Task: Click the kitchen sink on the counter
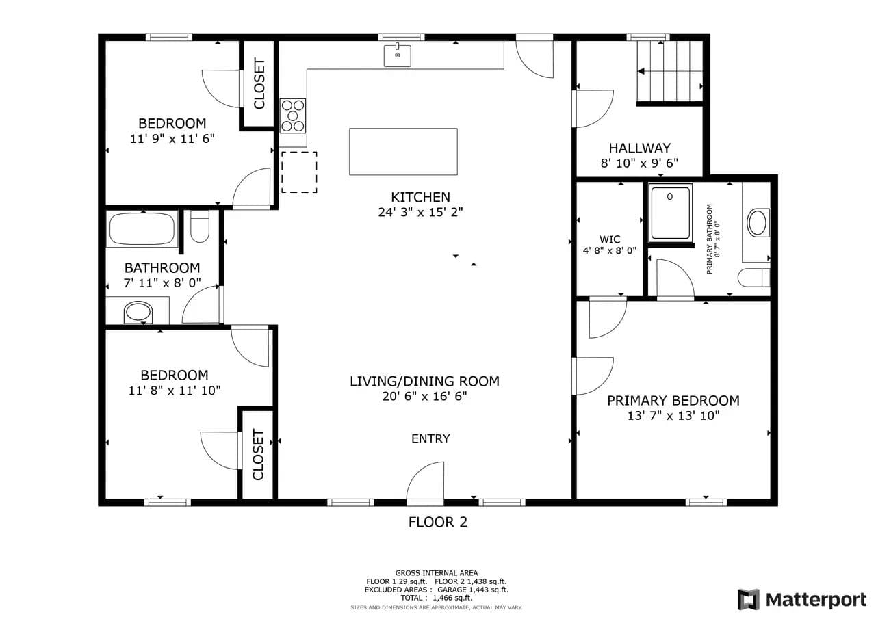[398, 55]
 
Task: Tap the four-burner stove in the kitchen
[293, 116]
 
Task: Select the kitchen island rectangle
[403, 152]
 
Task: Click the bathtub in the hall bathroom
[142, 228]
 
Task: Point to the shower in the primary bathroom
[670, 213]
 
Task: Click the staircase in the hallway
[670, 71]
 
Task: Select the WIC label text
[610, 239]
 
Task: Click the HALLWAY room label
[640, 148]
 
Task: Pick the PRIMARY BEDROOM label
[673, 401]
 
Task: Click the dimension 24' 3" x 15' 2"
[420, 212]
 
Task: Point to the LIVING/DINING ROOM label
[425, 381]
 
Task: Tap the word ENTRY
[430, 438]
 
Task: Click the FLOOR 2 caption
[438, 522]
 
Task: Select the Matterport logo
[802, 599]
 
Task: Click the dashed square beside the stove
[299, 172]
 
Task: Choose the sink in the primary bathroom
[758, 222]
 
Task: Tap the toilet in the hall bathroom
[200, 226]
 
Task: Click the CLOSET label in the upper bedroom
[259, 83]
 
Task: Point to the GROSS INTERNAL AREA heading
[437, 573]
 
